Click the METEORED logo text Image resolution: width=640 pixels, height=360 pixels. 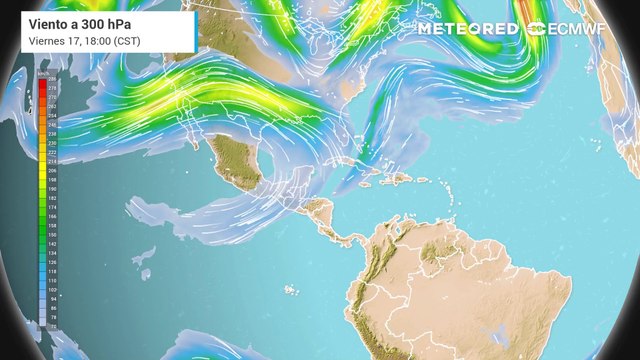[x=468, y=29]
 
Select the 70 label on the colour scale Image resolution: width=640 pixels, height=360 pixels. [x=51, y=327]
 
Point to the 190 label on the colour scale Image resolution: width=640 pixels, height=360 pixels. [x=51, y=189]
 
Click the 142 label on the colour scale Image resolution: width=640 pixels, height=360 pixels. [x=51, y=244]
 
